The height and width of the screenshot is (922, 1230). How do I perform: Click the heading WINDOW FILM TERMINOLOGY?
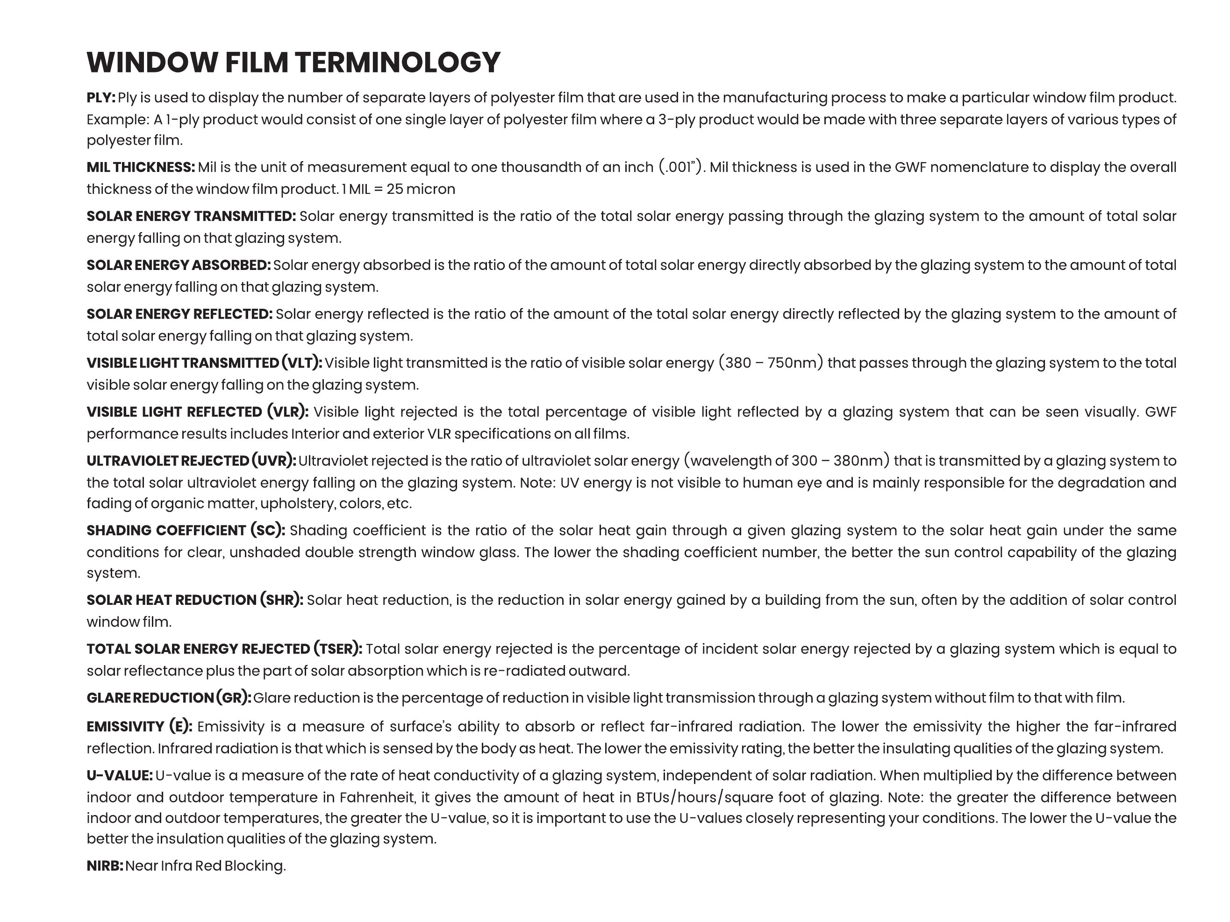pyautogui.click(x=293, y=62)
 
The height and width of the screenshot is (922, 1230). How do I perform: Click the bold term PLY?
pyautogui.click(x=100, y=98)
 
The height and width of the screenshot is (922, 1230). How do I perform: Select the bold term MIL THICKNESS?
pyautogui.click(x=141, y=167)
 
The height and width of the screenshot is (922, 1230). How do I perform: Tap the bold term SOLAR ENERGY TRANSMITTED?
pyautogui.click(x=191, y=216)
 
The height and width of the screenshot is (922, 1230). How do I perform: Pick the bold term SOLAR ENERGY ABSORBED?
pyautogui.click(x=179, y=265)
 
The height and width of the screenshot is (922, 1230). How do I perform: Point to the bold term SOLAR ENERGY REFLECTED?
pyautogui.click(x=179, y=314)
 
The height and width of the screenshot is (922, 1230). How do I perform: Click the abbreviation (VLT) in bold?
pyautogui.click(x=301, y=363)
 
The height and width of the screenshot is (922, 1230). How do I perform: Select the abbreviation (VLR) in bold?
pyautogui.click(x=287, y=412)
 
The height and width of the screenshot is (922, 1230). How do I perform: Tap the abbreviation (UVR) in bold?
pyautogui.click(x=273, y=461)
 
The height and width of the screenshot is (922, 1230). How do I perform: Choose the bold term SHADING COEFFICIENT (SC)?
pyautogui.click(x=186, y=530)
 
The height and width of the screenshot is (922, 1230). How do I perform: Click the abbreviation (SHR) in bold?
pyautogui.click(x=281, y=600)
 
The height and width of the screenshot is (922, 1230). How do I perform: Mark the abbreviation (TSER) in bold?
pyautogui.click(x=337, y=649)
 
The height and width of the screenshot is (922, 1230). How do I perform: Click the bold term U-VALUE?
pyautogui.click(x=120, y=776)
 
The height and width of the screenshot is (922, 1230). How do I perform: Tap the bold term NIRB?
pyautogui.click(x=105, y=866)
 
